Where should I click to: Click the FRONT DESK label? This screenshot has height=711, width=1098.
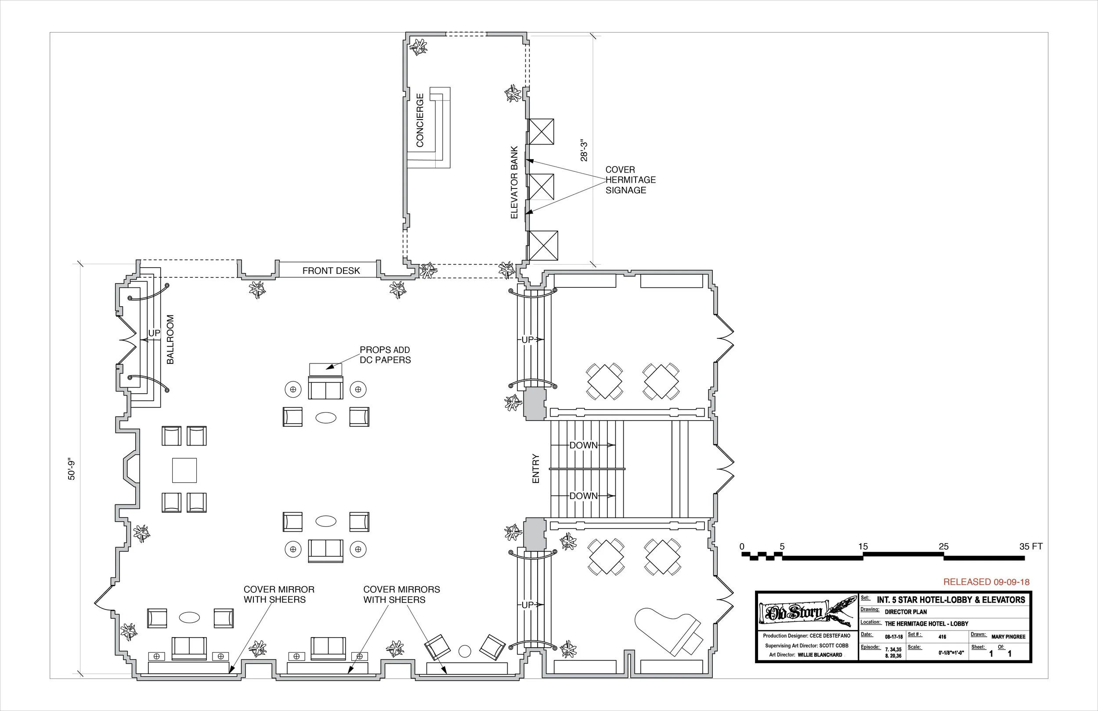(331, 271)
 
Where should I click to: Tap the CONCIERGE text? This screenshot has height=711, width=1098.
(420, 120)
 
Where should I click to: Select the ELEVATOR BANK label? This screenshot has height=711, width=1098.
(514, 182)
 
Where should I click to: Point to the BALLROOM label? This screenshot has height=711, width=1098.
(170, 339)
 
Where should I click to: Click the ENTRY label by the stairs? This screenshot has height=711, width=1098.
(536, 468)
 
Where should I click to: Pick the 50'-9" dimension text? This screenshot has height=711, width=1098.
(72, 470)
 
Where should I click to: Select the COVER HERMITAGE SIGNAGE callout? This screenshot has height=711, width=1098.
(630, 180)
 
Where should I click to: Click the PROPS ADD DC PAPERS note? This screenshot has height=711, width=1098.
(385, 355)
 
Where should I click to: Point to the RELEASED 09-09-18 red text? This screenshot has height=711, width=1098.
(986, 582)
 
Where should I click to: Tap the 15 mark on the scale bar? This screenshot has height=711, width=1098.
(863, 547)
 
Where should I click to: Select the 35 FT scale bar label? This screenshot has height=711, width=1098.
(1031, 547)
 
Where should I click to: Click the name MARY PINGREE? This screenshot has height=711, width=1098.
(1008, 637)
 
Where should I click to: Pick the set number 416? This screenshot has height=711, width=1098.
(942, 637)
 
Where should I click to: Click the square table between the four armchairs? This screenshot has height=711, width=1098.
(184, 470)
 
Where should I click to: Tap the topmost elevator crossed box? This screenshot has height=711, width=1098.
(541, 131)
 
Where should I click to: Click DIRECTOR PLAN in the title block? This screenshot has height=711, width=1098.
(905, 612)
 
